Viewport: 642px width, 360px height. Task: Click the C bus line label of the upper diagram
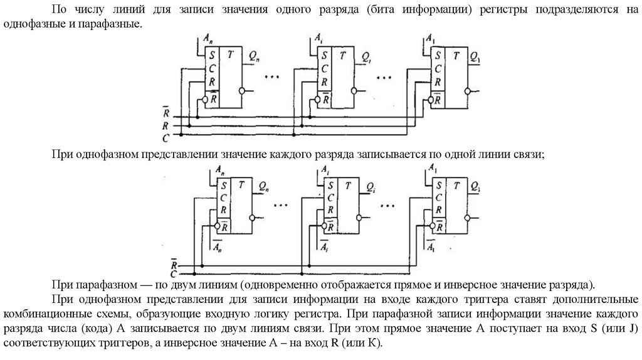(166, 137)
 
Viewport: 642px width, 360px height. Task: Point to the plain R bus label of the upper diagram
(166, 125)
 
